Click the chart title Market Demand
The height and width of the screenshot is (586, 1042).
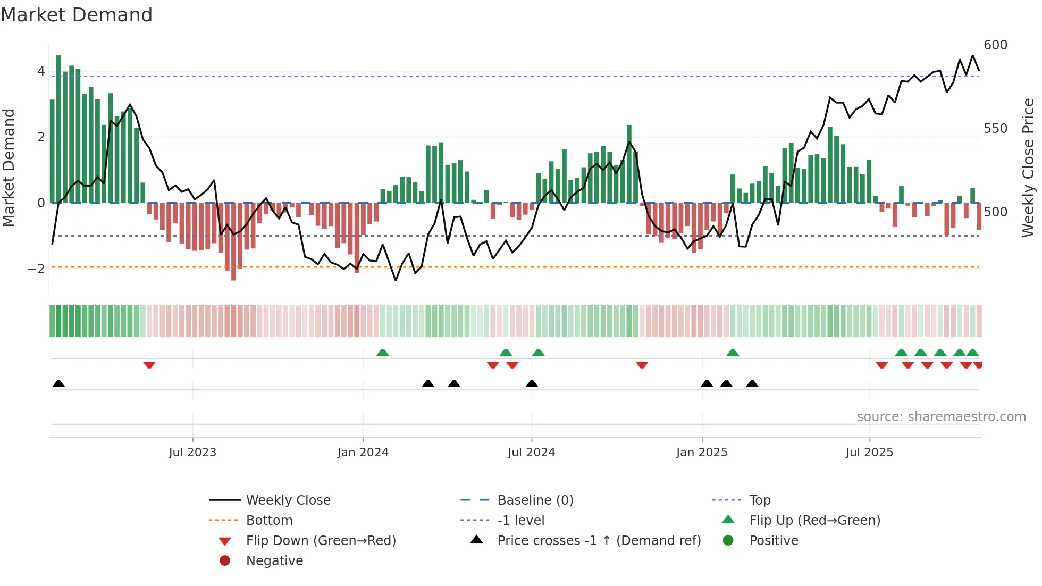click(77, 15)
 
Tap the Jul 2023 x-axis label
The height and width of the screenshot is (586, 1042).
click(192, 453)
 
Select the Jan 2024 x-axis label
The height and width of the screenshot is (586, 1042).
click(363, 453)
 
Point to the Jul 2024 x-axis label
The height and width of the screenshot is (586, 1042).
click(531, 453)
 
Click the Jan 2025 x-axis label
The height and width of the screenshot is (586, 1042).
click(702, 453)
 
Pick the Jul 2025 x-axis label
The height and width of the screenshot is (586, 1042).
click(869, 453)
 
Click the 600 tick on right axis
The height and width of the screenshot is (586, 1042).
click(995, 45)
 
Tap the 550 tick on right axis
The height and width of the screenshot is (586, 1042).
click(995, 129)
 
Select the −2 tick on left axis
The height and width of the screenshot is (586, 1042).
click(36, 269)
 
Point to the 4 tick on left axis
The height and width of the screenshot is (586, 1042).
click(41, 71)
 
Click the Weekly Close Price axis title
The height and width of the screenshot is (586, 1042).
click(1028, 168)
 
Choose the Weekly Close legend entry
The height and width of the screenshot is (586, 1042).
click(288, 500)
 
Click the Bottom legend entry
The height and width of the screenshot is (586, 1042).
click(269, 521)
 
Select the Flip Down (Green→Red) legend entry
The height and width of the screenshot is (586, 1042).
click(321, 541)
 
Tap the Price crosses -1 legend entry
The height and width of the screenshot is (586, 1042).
click(599, 541)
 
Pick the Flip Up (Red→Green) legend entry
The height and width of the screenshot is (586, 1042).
click(814, 521)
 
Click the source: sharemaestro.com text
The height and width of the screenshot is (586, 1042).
click(941, 417)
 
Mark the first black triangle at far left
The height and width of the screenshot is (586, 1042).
click(59, 384)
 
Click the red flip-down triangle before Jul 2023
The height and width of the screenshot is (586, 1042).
click(149, 365)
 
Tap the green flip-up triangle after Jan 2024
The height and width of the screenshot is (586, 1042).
click(383, 353)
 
